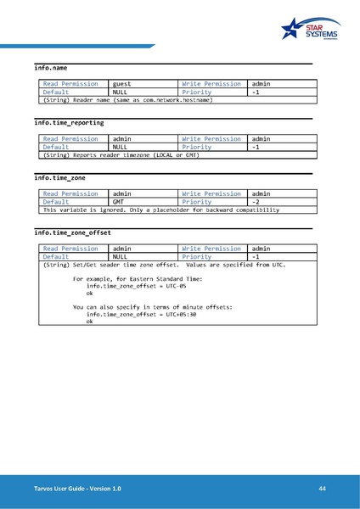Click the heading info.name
51,67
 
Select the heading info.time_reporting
69,123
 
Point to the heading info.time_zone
59,178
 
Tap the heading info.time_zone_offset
72,232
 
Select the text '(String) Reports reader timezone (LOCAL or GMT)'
121,155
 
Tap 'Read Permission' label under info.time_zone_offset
70,249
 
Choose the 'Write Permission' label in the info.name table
211,84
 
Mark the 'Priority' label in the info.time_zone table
196,202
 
